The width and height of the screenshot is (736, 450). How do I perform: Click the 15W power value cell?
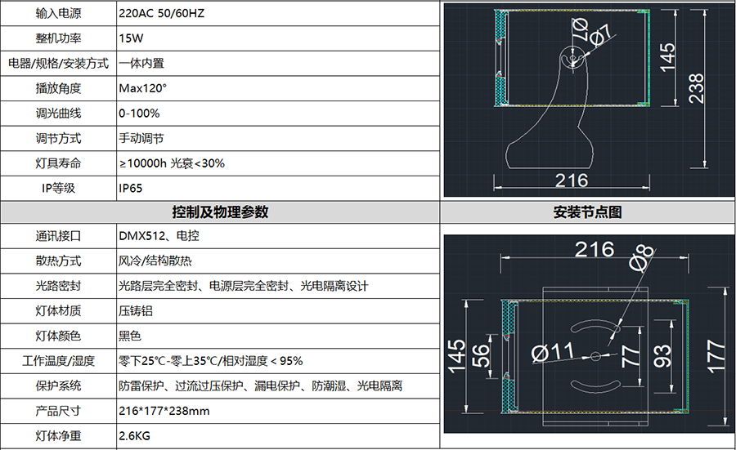pyautogui.click(x=131, y=38)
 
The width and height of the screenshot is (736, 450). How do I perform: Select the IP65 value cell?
pyautogui.click(x=131, y=189)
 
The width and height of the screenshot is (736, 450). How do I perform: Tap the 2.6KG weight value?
pyautogui.click(x=134, y=436)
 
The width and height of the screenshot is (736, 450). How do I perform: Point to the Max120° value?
pyautogui.click(x=142, y=88)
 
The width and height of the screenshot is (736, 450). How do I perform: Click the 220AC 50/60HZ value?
pyautogui.click(x=161, y=13)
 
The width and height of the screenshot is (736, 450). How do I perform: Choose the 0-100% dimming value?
pyautogui.click(x=139, y=114)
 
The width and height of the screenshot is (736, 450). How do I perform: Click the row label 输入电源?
pyautogui.click(x=58, y=13)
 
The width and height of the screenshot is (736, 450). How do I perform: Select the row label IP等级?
pyautogui.click(x=58, y=189)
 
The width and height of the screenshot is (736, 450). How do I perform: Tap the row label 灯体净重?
pyautogui.click(x=58, y=436)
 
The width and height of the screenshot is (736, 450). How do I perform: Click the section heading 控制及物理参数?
pyautogui.click(x=220, y=212)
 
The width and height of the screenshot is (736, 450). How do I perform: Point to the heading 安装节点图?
pyautogui.click(x=587, y=212)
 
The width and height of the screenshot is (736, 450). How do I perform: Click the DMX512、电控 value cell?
pyautogui.click(x=159, y=236)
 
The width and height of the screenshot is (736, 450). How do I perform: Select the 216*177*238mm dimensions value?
pyautogui.click(x=164, y=411)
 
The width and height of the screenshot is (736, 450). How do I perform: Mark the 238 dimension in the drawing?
pyautogui.click(x=696, y=88)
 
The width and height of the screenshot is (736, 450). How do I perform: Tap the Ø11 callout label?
pyautogui.click(x=553, y=353)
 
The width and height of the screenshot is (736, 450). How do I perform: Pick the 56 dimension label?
pyautogui.click(x=480, y=356)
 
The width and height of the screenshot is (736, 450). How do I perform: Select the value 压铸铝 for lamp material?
pyautogui.click(x=136, y=311)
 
